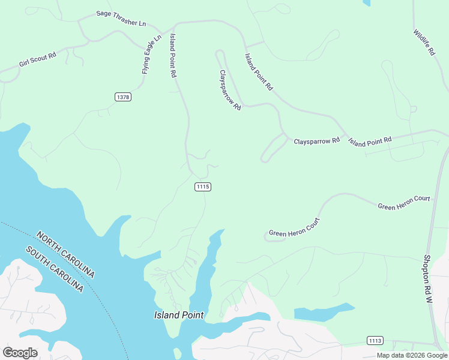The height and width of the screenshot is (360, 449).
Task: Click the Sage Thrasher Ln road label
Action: point(121,19)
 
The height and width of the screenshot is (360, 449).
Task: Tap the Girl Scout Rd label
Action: point(37,59)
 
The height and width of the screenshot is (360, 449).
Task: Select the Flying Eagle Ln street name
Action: point(152,55)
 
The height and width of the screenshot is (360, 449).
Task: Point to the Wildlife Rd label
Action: point(424,43)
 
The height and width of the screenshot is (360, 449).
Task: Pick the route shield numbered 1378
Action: point(123,97)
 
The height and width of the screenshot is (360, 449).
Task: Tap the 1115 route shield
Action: point(203,187)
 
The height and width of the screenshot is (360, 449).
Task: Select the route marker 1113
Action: point(375,341)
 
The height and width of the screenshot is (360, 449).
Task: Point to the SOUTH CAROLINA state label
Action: point(54,269)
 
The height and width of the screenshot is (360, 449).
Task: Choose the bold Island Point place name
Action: point(179,315)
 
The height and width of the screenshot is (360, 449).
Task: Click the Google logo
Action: point(20,352)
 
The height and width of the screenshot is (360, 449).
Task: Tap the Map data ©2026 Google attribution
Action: point(412,355)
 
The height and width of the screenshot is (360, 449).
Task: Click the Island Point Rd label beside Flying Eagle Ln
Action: point(173,55)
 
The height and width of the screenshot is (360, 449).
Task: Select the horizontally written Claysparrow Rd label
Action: point(316,141)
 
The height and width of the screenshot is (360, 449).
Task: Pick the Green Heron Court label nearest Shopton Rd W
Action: point(403,203)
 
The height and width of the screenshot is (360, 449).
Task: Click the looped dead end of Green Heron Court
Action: point(274,238)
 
